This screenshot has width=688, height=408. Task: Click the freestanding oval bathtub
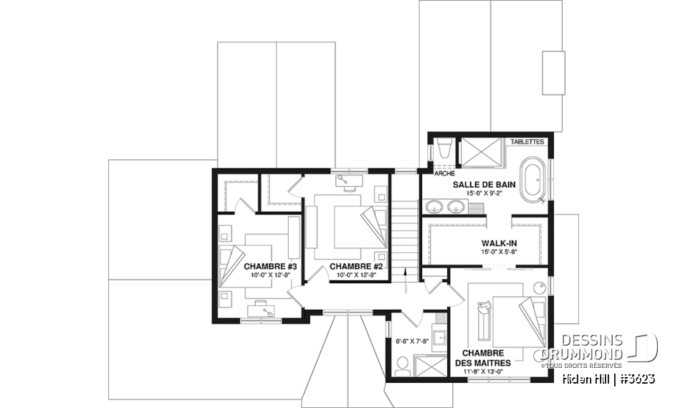[532, 175]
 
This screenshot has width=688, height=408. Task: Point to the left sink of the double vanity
[435, 208]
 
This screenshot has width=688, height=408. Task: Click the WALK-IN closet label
[499, 243]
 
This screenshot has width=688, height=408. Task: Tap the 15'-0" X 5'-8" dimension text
[499, 252]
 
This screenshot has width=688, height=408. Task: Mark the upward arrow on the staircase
[406, 280]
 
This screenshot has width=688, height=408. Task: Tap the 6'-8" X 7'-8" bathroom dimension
[411, 341]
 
